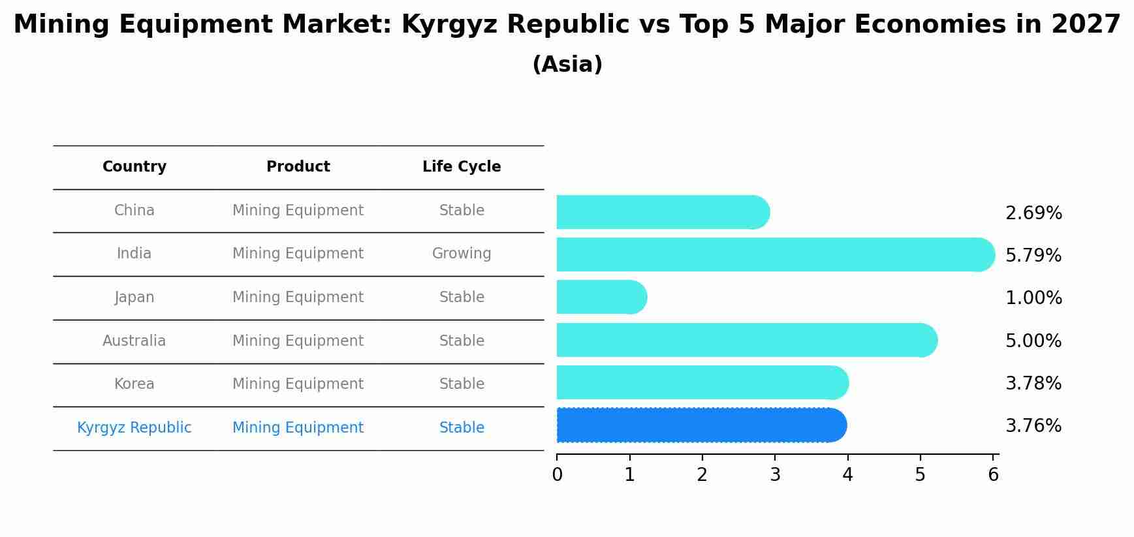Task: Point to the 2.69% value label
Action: point(1033,213)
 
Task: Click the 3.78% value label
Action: point(1033,384)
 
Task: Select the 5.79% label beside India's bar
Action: point(1033,256)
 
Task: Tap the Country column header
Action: point(134,167)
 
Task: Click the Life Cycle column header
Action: point(462,167)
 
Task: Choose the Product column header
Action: point(298,167)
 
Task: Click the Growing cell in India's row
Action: point(462,254)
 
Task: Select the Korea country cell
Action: point(134,384)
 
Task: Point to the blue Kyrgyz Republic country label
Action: point(134,428)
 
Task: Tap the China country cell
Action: point(134,211)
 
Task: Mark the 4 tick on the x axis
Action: point(847,475)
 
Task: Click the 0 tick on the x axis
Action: point(557,475)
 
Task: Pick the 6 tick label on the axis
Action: point(993,475)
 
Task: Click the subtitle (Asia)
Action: point(567,65)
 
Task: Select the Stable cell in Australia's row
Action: point(462,341)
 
